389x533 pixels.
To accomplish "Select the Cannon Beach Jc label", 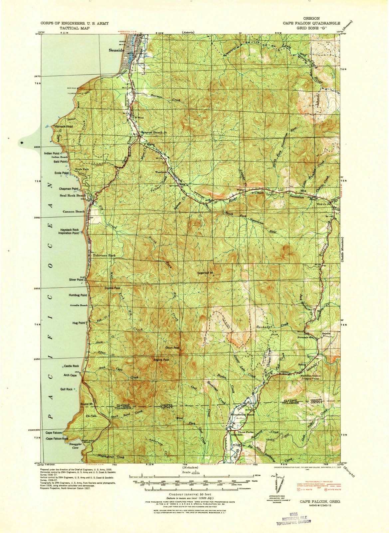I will (x=153, y=132).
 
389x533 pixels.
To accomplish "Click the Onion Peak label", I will (x=172, y=348).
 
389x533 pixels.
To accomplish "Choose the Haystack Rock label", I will (x=69, y=230).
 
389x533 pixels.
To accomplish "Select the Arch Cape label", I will (x=70, y=375).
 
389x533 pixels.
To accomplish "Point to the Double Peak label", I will (x=112, y=288).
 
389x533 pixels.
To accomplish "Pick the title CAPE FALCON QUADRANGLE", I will (x=311, y=23).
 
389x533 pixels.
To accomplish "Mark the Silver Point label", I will (x=76, y=280).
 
